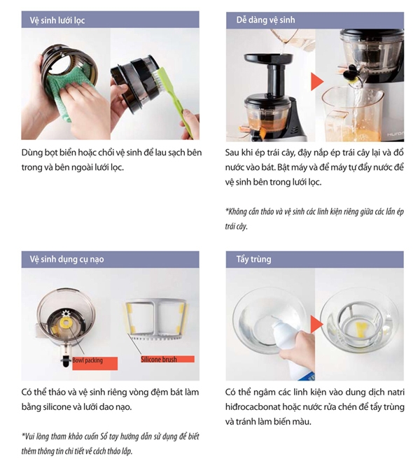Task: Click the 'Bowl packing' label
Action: click(x=87, y=361)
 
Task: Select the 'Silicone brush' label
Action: click(x=159, y=360)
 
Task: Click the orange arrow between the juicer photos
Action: click(x=316, y=81)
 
